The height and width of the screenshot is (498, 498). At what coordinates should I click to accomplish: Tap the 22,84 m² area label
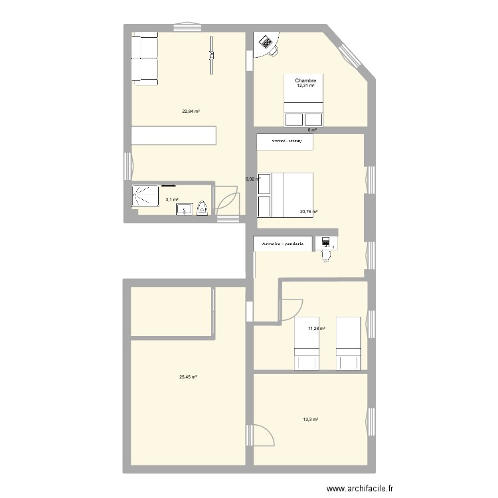[x=191, y=111]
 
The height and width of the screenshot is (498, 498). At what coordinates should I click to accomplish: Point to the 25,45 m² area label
[x=188, y=377]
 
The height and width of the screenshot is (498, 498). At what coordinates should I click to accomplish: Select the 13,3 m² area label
[x=310, y=419]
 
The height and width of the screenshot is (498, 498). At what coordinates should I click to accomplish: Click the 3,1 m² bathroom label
[x=171, y=199]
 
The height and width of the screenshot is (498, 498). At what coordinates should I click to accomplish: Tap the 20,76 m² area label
[x=308, y=212]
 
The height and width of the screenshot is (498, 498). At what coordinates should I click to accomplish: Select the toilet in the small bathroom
[x=203, y=208]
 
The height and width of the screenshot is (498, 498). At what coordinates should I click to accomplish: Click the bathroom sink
[x=185, y=210]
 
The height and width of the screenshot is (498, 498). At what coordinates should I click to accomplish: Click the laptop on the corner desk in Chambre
[x=268, y=42]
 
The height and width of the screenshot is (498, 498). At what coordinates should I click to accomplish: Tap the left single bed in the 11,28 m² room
[x=307, y=343]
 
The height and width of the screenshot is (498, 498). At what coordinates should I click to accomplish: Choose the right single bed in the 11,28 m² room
[x=348, y=343]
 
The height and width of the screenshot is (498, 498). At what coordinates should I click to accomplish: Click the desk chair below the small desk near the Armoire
[x=325, y=255]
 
